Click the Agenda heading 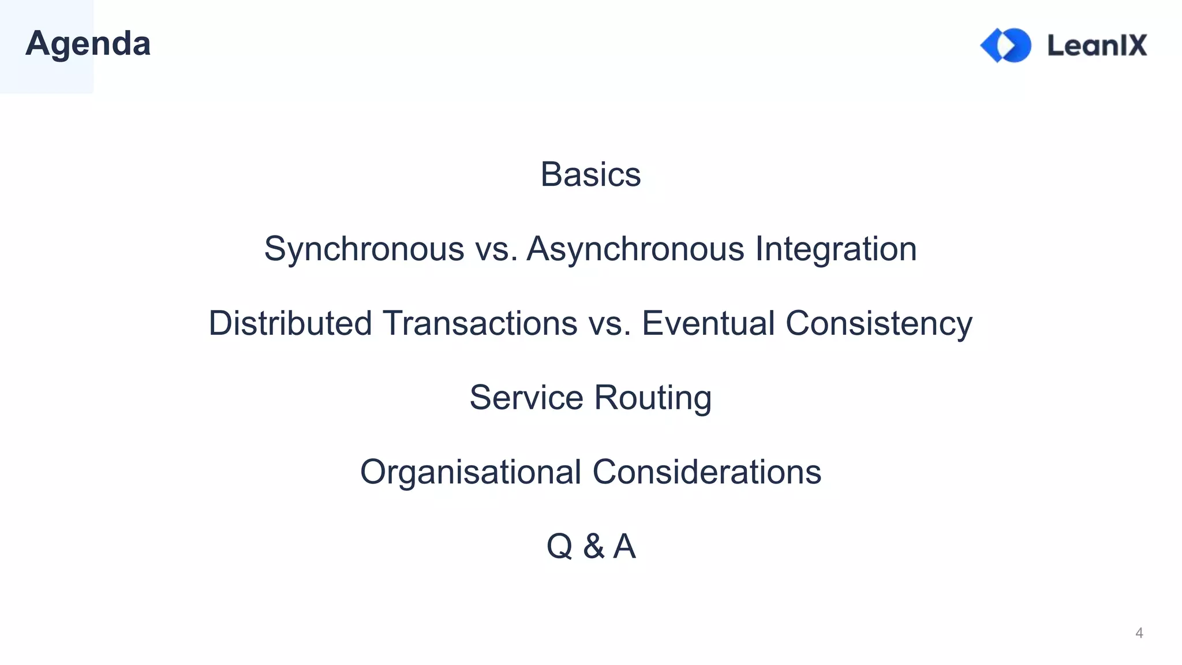(x=88, y=44)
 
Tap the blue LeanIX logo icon (x=1005, y=45)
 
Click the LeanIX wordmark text (x=1097, y=45)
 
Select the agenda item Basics (x=590, y=174)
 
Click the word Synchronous (x=364, y=249)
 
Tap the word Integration (x=836, y=249)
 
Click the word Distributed (x=290, y=323)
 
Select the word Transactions (x=480, y=323)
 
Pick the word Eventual (x=708, y=323)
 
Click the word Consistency (x=879, y=323)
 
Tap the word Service (x=526, y=397)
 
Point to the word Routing (x=653, y=397)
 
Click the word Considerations (x=707, y=472)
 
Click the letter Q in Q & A (x=559, y=546)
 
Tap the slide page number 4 (x=1139, y=633)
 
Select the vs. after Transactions (x=609, y=323)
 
